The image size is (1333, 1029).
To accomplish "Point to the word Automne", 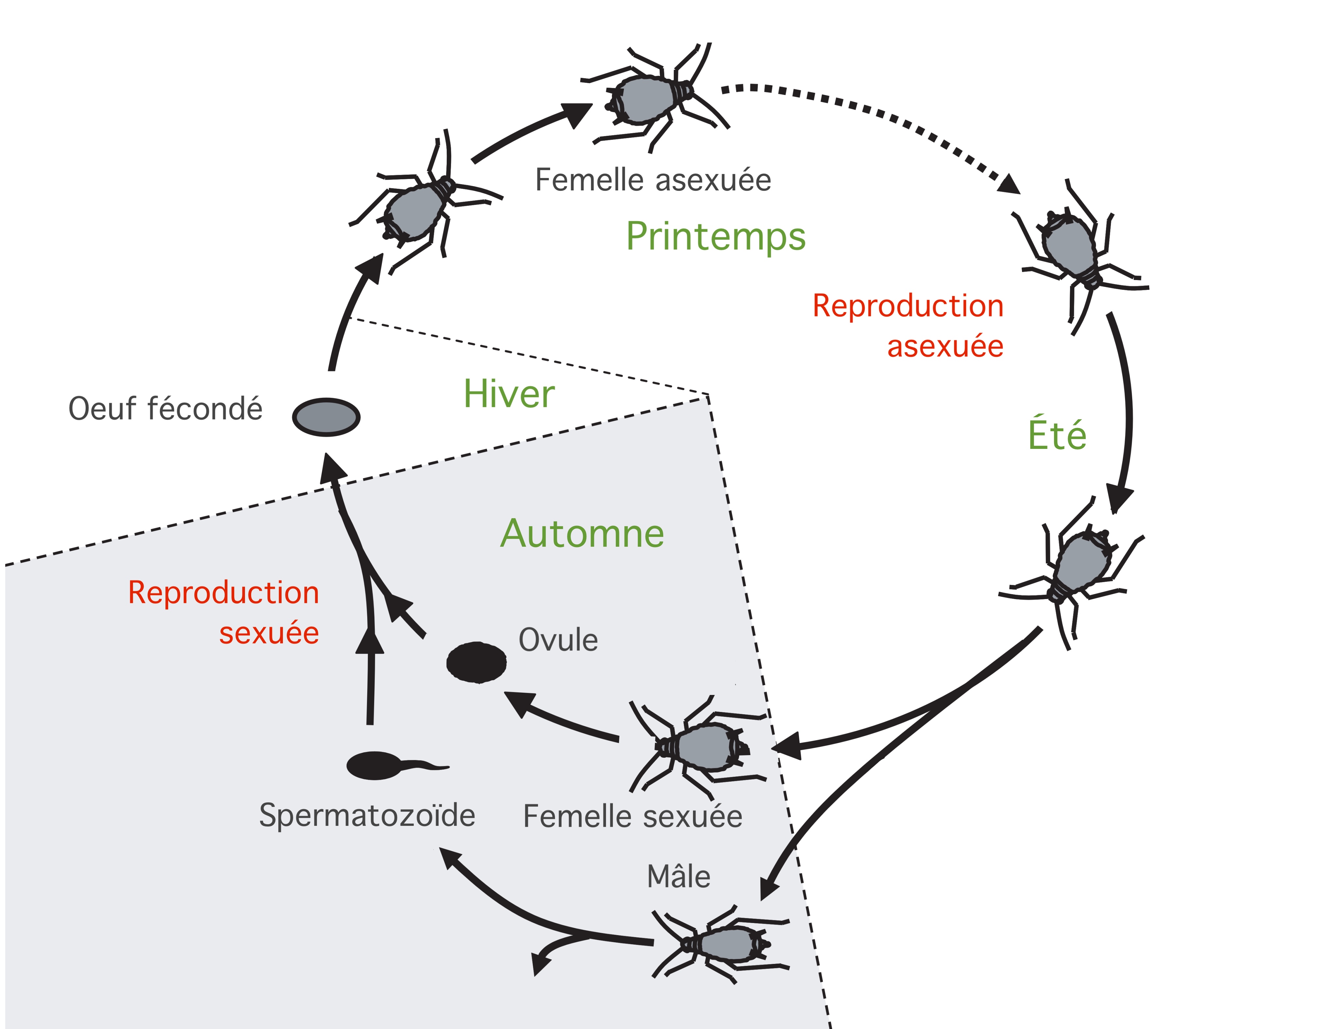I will click(x=582, y=534).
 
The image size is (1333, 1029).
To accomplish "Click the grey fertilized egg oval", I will click(x=326, y=417).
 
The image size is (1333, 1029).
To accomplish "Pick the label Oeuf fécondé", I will click(x=165, y=409).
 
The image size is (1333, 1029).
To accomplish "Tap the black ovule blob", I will click(x=476, y=662).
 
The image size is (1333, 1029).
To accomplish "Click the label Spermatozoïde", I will click(x=367, y=815).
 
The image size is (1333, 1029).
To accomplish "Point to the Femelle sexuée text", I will click(x=632, y=816).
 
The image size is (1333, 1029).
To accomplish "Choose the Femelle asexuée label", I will click(x=653, y=180).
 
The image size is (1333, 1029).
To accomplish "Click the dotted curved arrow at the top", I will click(x=867, y=110).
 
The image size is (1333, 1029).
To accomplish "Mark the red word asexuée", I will click(x=945, y=346).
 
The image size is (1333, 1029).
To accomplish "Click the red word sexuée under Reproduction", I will click(x=269, y=633).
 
